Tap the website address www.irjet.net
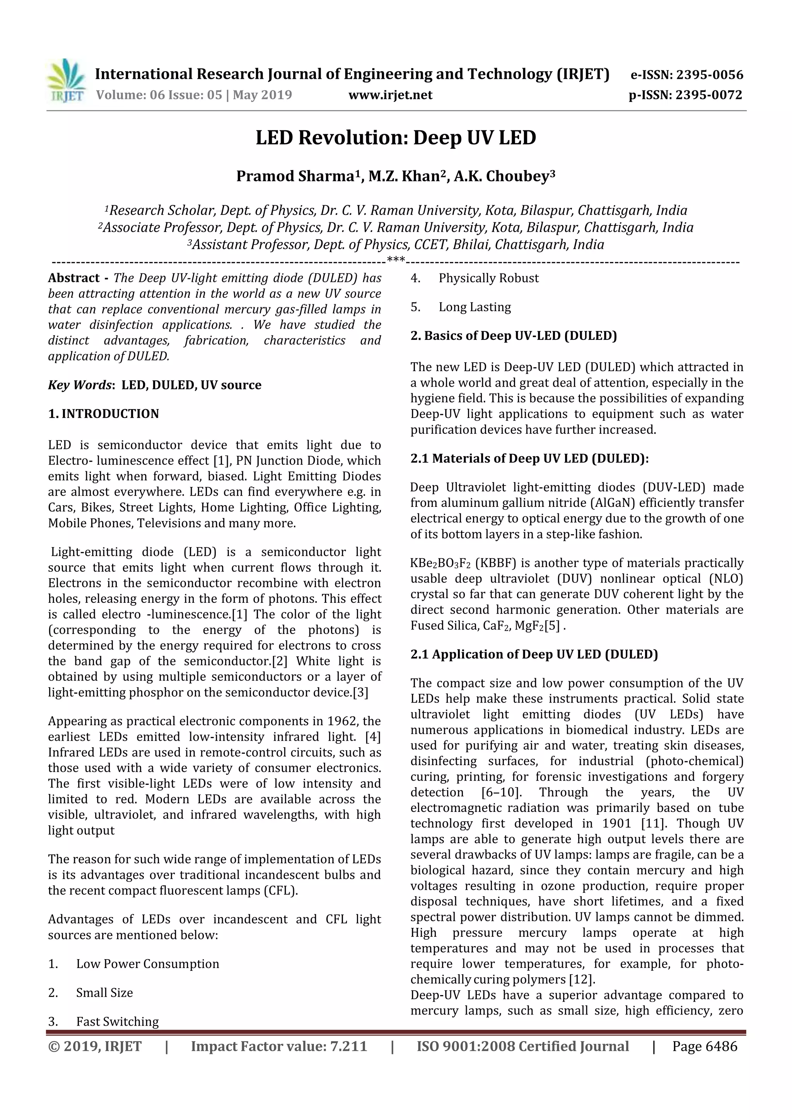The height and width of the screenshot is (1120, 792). click(390, 95)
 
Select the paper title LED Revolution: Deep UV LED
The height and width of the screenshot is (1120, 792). click(396, 138)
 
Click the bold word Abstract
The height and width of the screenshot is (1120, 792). click(74, 278)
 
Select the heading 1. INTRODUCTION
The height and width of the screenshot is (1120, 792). click(104, 414)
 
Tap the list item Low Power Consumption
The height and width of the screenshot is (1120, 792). click(147, 964)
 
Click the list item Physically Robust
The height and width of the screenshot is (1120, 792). click(488, 278)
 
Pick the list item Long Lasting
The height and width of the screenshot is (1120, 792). click(475, 307)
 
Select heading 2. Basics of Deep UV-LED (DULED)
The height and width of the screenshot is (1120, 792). click(513, 336)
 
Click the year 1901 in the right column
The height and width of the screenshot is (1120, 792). click(617, 823)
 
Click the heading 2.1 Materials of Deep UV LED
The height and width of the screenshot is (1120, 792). click(529, 458)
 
